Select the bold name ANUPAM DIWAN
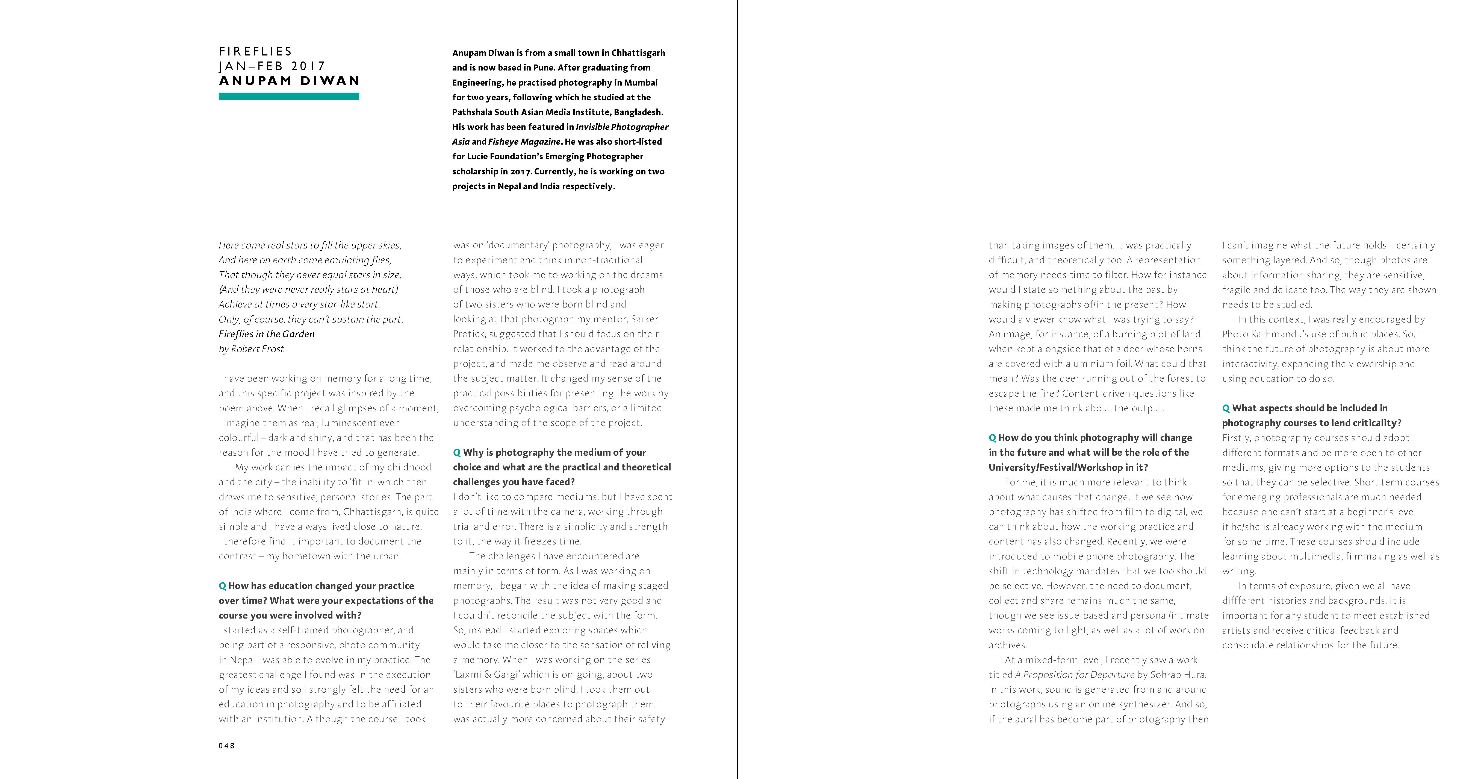289,81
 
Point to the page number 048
227,746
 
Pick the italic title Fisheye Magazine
524,142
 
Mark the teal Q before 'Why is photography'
457,453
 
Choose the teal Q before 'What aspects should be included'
1226,408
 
